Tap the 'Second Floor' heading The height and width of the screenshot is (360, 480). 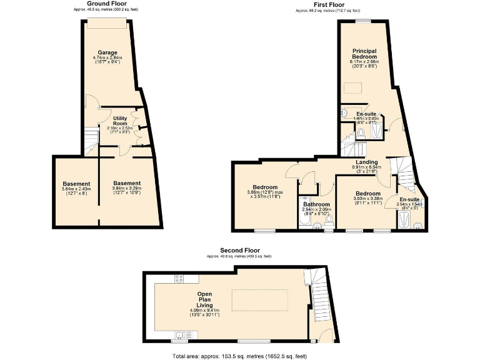pos(239,251)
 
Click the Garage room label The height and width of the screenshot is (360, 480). pos(108,52)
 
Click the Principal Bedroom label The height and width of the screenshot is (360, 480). pos(364,54)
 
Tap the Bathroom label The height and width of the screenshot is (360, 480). pos(316,204)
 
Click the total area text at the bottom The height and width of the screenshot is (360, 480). pos(239,356)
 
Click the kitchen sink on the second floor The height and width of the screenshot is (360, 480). pos(182,336)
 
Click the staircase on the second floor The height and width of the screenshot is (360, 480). pos(320,297)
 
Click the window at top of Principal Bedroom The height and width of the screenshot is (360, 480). pos(362,21)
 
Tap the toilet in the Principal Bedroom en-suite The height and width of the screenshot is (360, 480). pos(362,132)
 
